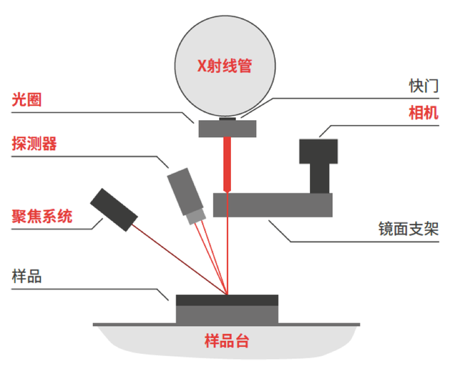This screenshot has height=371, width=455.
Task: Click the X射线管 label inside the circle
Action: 226,67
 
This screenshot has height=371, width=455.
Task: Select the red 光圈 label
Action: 27,100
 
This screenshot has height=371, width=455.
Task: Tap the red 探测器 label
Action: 34,143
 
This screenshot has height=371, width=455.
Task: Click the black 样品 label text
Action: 27,276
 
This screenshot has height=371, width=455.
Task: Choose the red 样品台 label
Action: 226,340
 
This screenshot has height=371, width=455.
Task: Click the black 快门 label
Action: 423,85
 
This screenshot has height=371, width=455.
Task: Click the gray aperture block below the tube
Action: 227,129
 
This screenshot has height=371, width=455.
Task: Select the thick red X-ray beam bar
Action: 227,163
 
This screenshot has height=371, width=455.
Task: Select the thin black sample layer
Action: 227,299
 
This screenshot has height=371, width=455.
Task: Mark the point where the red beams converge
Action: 227,294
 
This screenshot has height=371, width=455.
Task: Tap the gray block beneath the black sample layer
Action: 227,313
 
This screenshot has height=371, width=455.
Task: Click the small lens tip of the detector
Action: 195,216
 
